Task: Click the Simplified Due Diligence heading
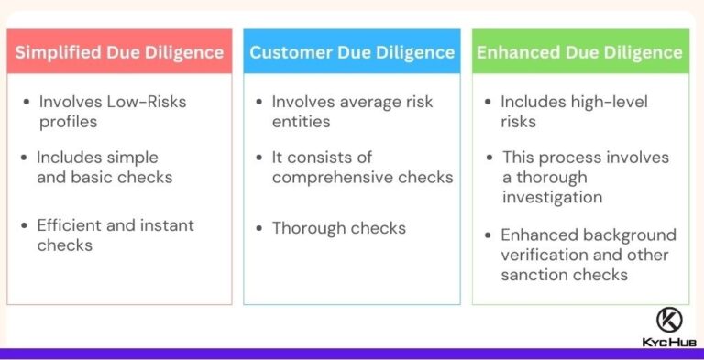tap(119, 52)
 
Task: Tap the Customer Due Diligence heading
tap(352, 52)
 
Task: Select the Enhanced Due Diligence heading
tap(579, 52)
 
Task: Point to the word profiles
tap(69, 121)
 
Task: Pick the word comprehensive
tap(334, 177)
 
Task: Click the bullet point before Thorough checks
tap(259, 228)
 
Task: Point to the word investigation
tap(552, 197)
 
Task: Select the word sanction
tap(534, 275)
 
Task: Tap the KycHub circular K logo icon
tap(669, 321)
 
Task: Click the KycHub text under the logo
tap(669, 343)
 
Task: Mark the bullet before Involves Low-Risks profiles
tap(27, 101)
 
